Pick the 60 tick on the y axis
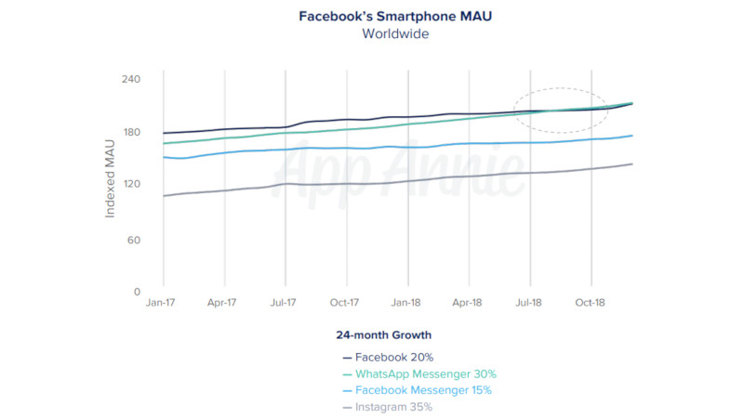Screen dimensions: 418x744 tap(131, 240)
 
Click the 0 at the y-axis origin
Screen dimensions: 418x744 tap(136, 292)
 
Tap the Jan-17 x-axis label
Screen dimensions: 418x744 tap(163, 303)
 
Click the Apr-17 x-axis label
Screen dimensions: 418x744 tap(223, 303)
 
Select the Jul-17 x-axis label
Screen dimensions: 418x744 tap(284, 303)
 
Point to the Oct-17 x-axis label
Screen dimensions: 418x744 tap(345, 303)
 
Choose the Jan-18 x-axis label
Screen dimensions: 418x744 tap(406, 303)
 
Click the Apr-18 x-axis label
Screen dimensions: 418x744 tap(468, 303)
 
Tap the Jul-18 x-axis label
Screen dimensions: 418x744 tap(529, 303)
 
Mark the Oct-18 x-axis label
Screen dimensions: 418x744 tap(591, 303)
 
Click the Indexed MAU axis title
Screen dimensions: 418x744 tap(110, 178)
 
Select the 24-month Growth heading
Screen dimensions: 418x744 tap(384, 334)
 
